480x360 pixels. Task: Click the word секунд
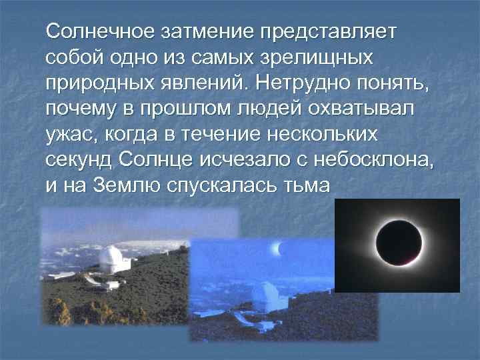75,161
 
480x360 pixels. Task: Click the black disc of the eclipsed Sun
397,245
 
